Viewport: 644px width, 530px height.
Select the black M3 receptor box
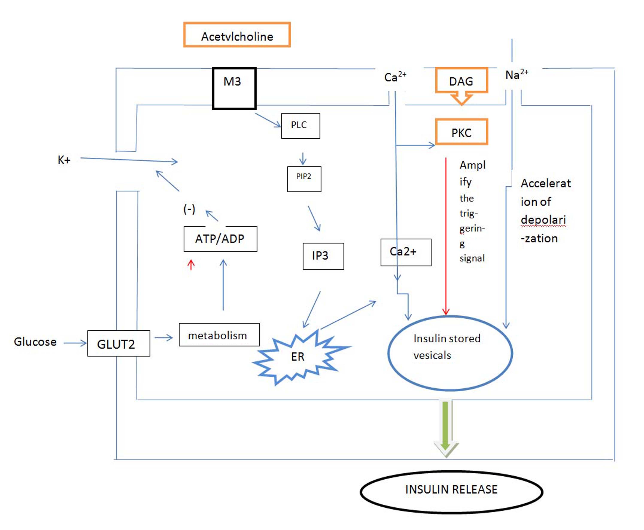pos(234,88)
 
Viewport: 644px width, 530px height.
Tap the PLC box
pos(301,126)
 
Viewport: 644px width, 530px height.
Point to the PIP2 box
pos(304,179)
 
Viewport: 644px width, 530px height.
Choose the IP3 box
pos(323,256)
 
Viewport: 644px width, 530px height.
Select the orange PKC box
pos(461,132)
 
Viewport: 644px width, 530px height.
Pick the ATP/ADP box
pos(220,239)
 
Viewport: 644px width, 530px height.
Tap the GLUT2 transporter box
pos(118,344)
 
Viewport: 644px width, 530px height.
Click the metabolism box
pos(219,335)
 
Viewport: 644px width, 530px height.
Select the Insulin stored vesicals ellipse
pos(450,353)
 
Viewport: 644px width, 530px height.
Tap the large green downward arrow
pos(445,427)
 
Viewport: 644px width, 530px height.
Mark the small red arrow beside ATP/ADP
pos(191,264)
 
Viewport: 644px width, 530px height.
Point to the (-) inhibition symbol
pos(189,209)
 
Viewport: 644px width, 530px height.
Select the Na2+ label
pos(516,74)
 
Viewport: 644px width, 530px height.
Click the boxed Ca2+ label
pos(406,252)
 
